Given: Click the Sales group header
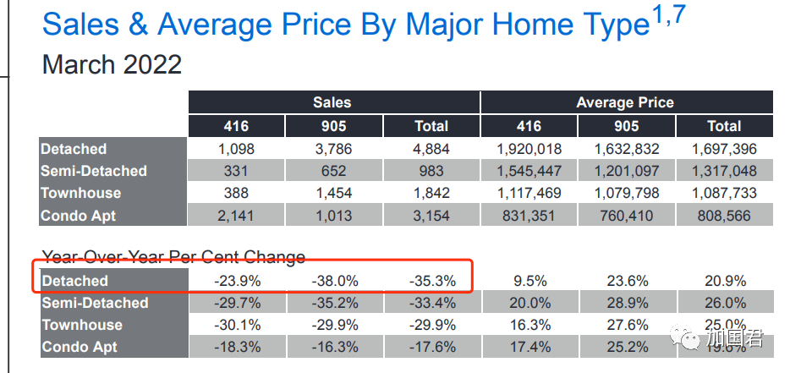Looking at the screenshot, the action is point(332,102).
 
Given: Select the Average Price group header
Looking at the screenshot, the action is point(625,102).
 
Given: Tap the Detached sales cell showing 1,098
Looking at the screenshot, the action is point(236,149).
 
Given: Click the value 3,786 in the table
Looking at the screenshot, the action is point(333,149).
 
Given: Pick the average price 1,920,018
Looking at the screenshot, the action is point(529,149).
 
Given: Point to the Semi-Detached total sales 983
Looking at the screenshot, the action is point(431,171).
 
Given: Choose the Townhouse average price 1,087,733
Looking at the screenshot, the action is point(725,193).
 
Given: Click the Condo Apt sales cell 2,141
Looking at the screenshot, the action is point(236,216).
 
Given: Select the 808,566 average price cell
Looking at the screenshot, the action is point(725,216).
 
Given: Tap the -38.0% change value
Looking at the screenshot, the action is point(335,281).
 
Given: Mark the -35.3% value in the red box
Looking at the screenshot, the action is point(432,281).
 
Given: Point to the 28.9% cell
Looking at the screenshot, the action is point(627,303).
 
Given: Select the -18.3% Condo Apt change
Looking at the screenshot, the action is point(237,347).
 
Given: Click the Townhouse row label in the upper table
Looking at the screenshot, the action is point(81,193).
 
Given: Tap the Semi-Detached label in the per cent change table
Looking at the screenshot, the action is point(95,303).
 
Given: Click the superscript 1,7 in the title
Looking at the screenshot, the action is point(669,16).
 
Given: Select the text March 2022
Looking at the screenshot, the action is point(112,65).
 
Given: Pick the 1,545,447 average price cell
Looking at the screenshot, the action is point(529,171).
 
